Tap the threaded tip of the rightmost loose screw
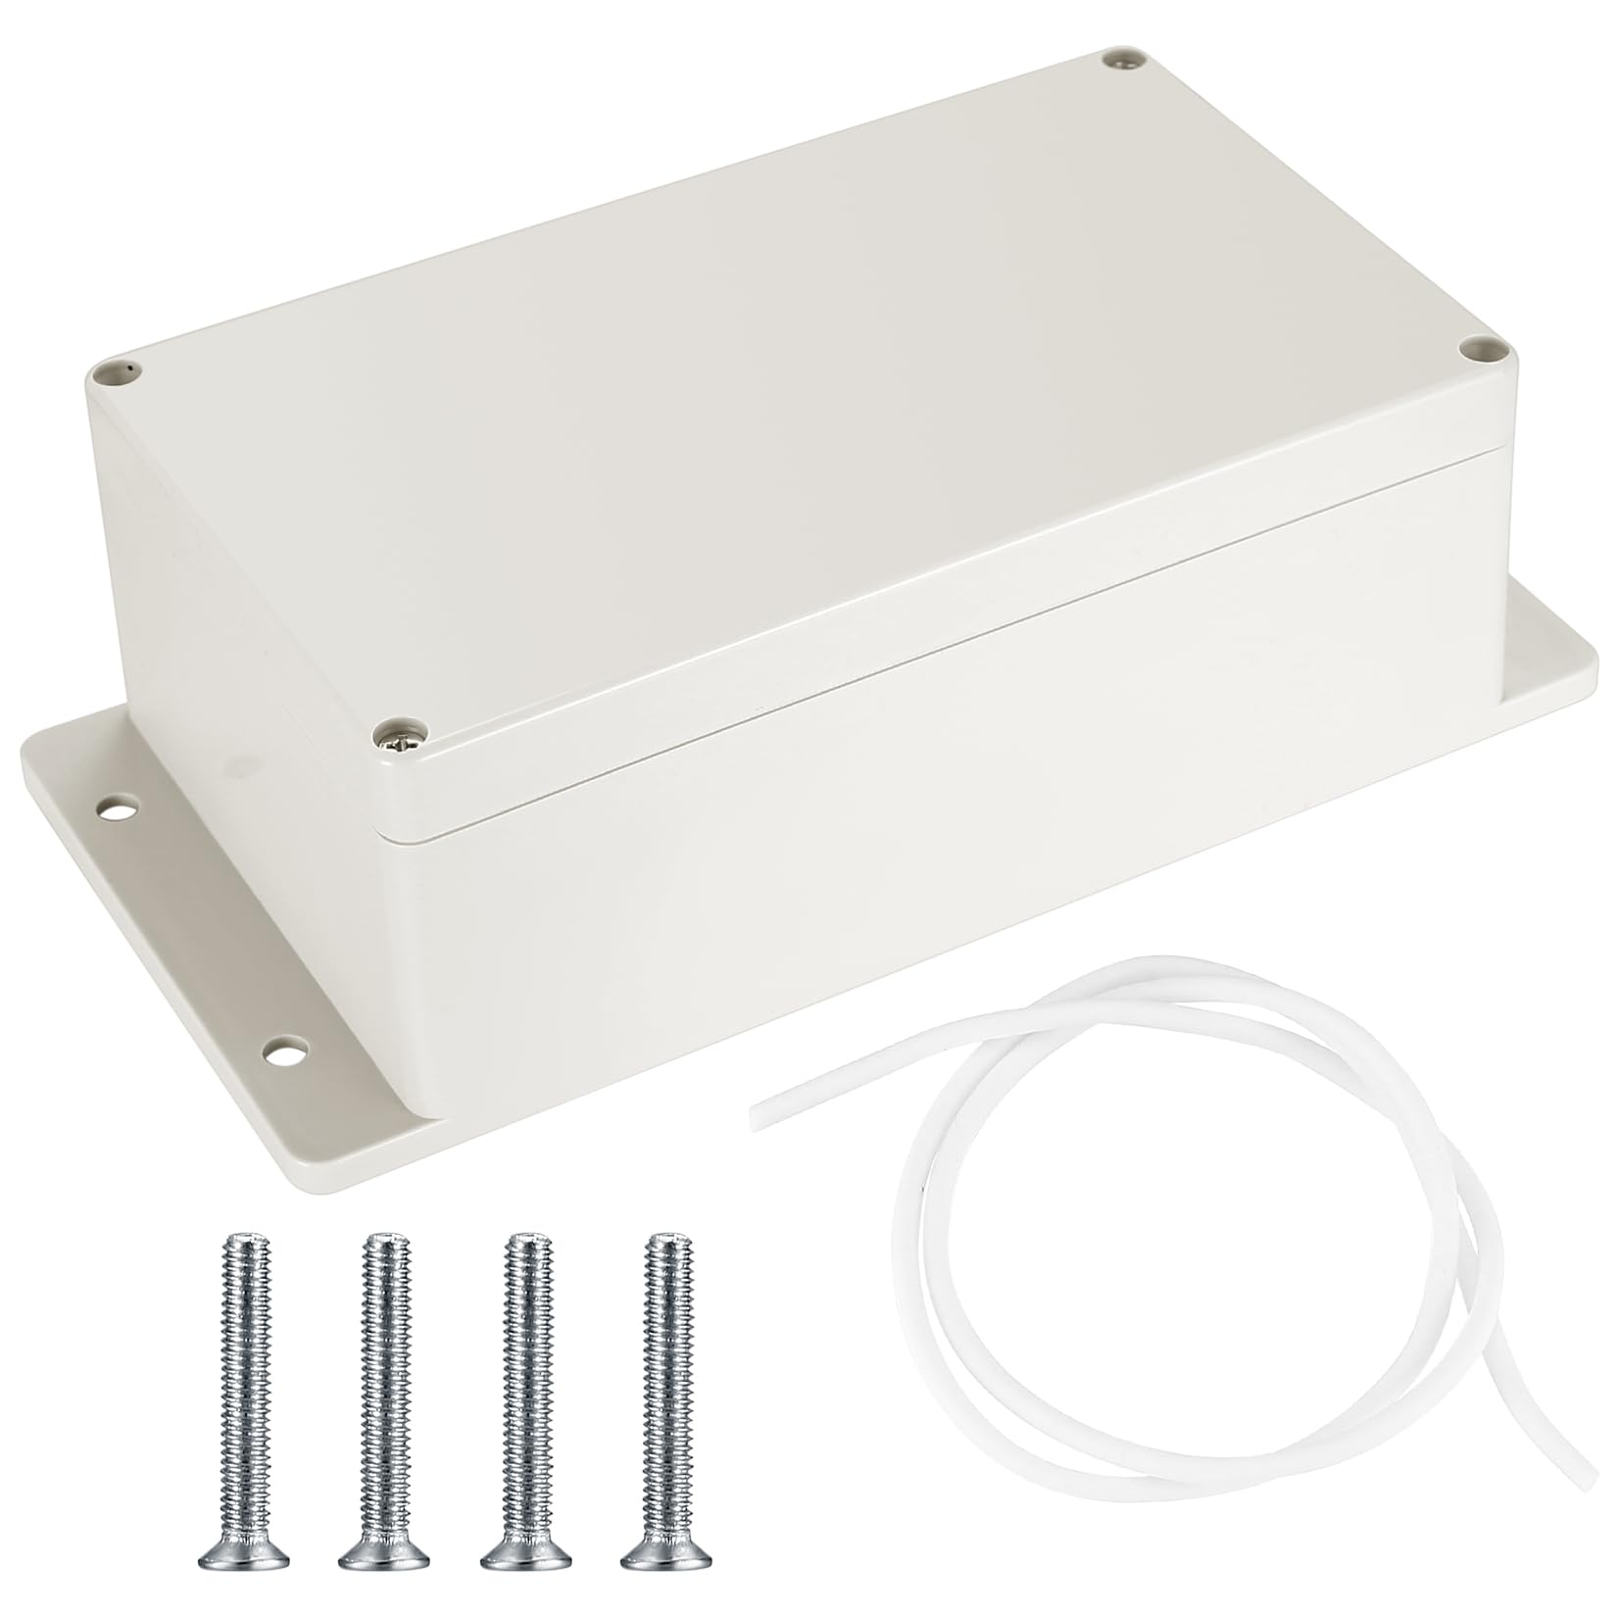667,1245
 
